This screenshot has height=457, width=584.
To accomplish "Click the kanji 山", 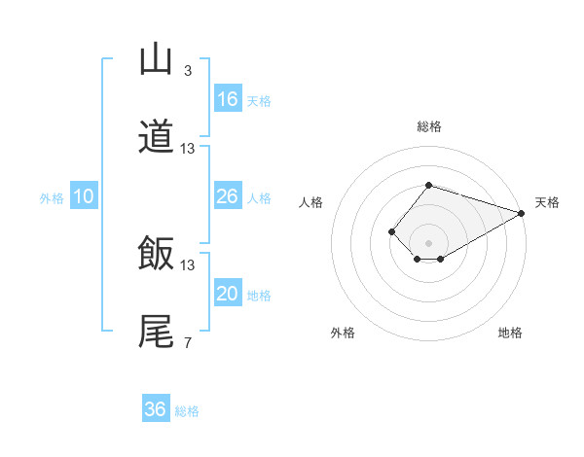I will (156, 59).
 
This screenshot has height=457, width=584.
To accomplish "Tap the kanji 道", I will (156, 137).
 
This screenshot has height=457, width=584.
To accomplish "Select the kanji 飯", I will (156, 254).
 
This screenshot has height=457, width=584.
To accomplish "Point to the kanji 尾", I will (156, 331).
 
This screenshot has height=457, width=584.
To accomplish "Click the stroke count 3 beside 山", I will (187, 71).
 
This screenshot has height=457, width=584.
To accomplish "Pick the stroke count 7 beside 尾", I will (187, 342).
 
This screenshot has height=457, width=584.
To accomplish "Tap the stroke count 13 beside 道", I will (188, 149).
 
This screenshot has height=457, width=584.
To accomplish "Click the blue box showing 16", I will (227, 99).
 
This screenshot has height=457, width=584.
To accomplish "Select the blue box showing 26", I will (227, 196).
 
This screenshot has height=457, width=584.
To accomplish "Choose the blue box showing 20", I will (227, 294).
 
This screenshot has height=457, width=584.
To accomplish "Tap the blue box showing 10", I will (84, 196).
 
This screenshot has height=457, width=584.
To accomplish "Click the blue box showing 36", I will (155, 409).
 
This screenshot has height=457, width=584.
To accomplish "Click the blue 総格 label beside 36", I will (187, 411).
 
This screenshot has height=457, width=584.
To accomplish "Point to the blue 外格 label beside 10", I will (52, 198).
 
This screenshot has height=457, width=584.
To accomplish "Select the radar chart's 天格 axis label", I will (547, 202).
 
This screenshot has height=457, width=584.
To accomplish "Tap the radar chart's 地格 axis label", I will (510, 333).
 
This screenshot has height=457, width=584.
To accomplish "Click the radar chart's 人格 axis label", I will (311, 202).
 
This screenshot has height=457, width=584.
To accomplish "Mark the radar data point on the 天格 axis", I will (522, 213).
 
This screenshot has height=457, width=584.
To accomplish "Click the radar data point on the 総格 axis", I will (428, 185).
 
